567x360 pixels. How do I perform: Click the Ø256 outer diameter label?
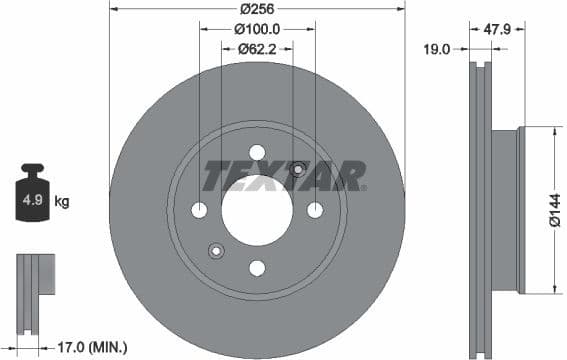click(x=256, y=9)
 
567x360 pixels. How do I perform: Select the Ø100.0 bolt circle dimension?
click(x=257, y=29)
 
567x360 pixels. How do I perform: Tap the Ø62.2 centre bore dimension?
click(x=257, y=47)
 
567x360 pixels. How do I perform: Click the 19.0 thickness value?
click(x=436, y=47)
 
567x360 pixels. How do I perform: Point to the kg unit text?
click(x=62, y=202)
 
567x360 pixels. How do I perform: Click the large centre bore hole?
click(x=257, y=209)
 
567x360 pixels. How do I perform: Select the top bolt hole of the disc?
click(x=257, y=152)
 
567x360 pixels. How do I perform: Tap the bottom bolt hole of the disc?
click(x=257, y=267)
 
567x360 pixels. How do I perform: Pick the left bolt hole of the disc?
click(x=199, y=210)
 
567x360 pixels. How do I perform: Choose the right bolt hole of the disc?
click(x=315, y=210)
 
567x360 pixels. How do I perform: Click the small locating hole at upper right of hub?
click(x=297, y=169)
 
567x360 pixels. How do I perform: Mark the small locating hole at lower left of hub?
click(x=214, y=250)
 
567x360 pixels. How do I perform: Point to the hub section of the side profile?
click(x=506, y=210)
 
